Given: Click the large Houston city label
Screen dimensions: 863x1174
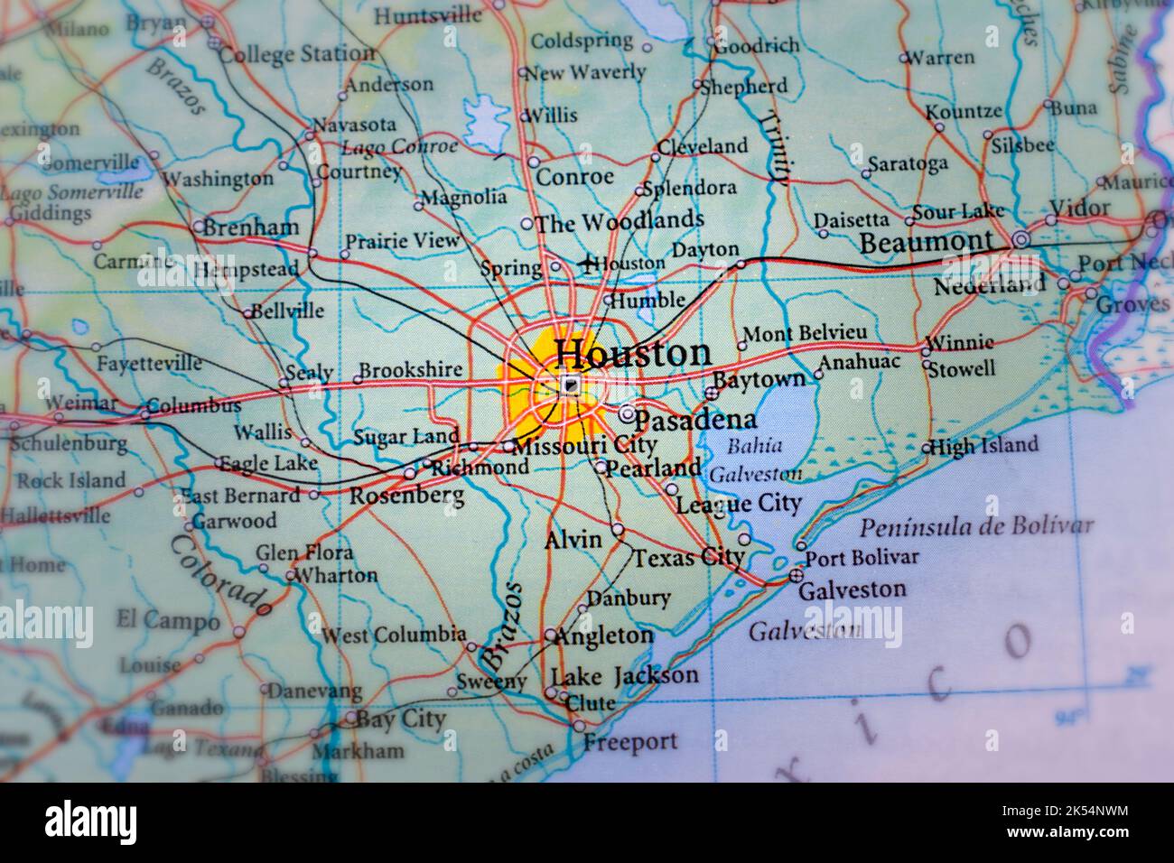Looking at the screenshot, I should point(632,353).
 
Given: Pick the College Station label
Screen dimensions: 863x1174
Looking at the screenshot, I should point(296,54).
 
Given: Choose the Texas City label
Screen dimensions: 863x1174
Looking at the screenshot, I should point(687,558).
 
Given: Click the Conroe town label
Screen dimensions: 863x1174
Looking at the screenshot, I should point(574,177).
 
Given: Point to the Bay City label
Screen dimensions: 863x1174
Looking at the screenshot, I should point(400,719).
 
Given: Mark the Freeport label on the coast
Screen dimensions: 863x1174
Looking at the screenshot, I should point(629,742).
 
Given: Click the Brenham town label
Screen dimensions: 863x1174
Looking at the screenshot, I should point(249,227).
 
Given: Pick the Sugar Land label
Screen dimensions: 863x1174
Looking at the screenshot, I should point(405,437).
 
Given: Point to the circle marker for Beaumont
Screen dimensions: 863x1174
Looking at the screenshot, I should point(1020,240).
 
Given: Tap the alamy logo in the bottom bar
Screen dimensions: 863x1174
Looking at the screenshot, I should point(91,822).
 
